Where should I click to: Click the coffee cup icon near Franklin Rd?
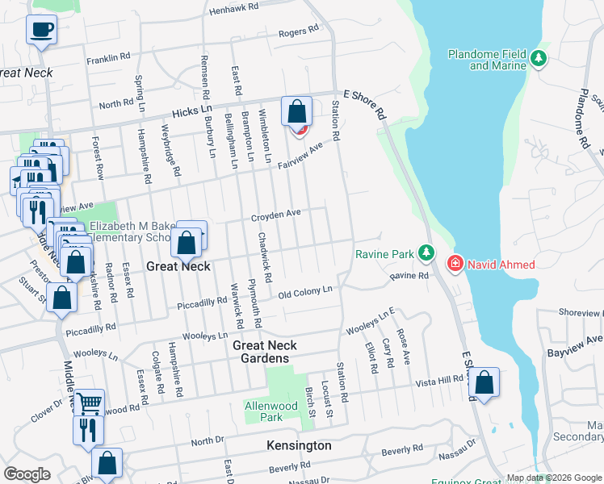pos(40,31)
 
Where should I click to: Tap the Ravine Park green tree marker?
pos(426,254)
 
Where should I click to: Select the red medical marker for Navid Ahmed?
pos(455,264)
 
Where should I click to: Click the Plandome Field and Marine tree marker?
pos(539,59)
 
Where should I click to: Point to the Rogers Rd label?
pos(299,32)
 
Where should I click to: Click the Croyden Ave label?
pos(276,215)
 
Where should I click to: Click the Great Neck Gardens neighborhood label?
pos(265,352)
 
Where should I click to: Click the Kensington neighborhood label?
pos(299,445)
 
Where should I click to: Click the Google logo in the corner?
pos(27,474)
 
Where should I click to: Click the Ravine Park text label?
pos(384,255)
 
